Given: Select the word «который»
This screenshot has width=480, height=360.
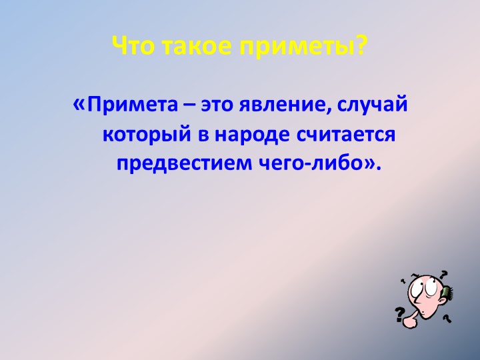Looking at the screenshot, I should tap(147, 135).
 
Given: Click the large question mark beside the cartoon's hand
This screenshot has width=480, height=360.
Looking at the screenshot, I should tap(400, 315).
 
